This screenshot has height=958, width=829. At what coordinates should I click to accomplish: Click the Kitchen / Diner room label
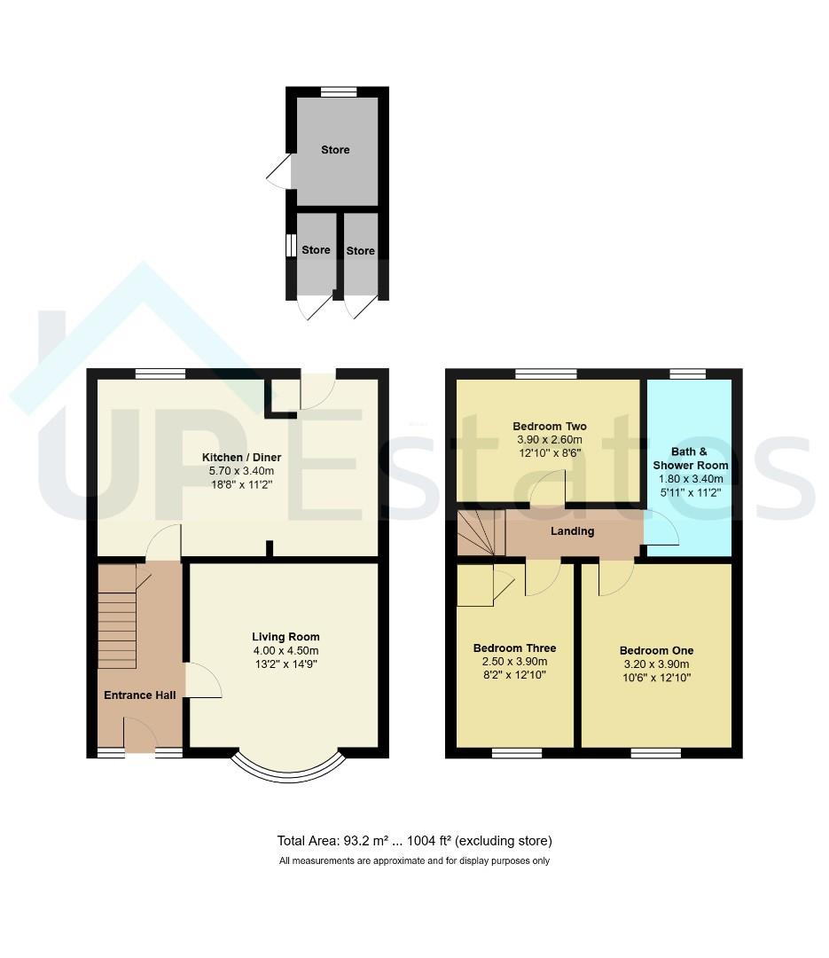click(241, 457)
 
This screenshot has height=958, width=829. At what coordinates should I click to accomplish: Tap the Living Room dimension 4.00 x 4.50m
click(285, 651)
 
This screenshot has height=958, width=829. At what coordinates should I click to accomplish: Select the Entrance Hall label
click(140, 695)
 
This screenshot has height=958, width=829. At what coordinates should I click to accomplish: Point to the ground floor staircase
click(117, 616)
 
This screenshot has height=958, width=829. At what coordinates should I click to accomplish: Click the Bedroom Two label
click(549, 427)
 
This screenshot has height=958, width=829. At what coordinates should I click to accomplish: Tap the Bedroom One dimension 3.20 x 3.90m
click(657, 664)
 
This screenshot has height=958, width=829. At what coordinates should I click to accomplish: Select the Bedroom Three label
click(515, 648)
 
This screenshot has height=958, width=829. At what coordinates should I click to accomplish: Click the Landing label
click(573, 531)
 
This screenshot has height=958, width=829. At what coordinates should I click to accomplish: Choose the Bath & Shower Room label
click(691, 459)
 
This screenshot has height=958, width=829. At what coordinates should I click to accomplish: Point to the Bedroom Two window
click(546, 374)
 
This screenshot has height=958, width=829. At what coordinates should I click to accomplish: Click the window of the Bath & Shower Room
click(688, 374)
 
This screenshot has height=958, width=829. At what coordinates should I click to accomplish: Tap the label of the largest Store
click(335, 150)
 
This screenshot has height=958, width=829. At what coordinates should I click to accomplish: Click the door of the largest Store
click(278, 170)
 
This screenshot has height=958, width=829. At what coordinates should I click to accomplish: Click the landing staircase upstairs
click(481, 533)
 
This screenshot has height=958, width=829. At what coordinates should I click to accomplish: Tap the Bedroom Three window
click(517, 753)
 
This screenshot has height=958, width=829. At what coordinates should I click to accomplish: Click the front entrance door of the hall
click(140, 735)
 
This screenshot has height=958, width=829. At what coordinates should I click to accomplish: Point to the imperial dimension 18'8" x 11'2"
click(241, 484)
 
